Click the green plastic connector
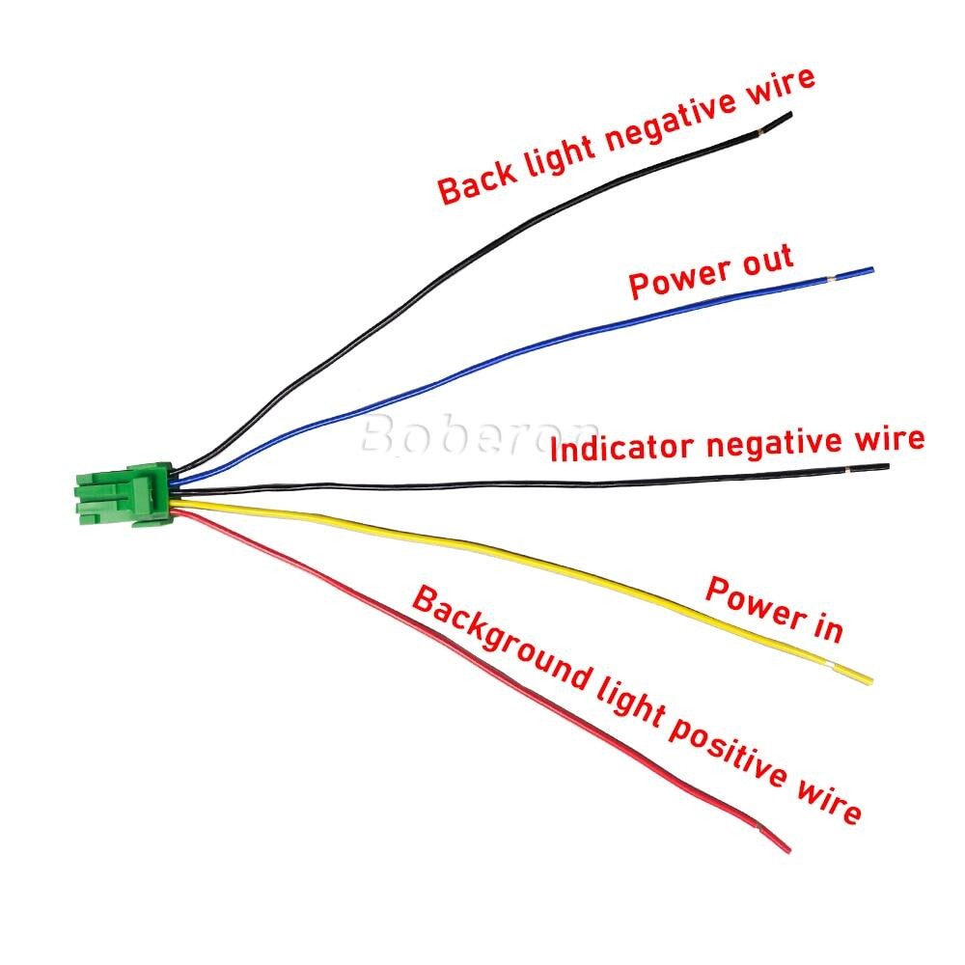click(124, 495)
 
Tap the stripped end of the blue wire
click(872, 269)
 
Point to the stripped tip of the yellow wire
click(869, 680)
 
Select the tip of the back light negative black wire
click(789, 114)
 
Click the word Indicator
click(622, 448)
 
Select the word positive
click(728, 753)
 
